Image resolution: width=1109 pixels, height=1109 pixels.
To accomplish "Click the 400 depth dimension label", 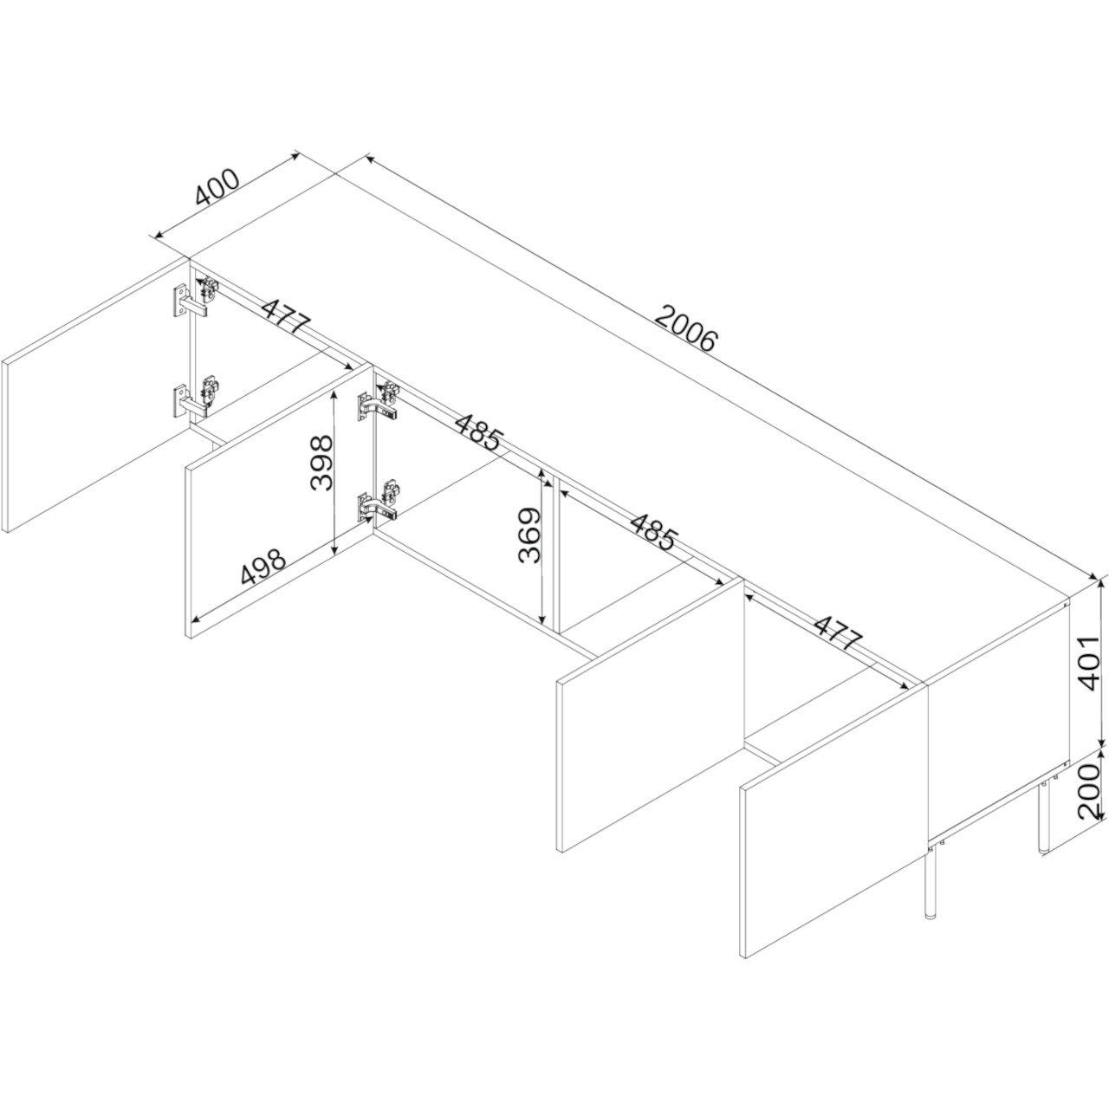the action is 217,187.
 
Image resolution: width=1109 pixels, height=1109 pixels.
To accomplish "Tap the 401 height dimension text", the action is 1089,663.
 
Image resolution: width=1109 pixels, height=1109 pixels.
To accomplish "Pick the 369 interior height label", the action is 529,535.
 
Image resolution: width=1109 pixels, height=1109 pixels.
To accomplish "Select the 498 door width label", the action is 263,566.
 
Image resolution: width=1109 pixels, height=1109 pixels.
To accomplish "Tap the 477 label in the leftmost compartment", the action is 286,316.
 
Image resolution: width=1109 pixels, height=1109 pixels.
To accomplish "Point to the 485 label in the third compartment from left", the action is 652,531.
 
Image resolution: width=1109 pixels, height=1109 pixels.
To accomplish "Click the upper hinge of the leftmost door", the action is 198,295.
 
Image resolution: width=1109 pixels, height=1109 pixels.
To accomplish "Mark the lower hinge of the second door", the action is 379,500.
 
